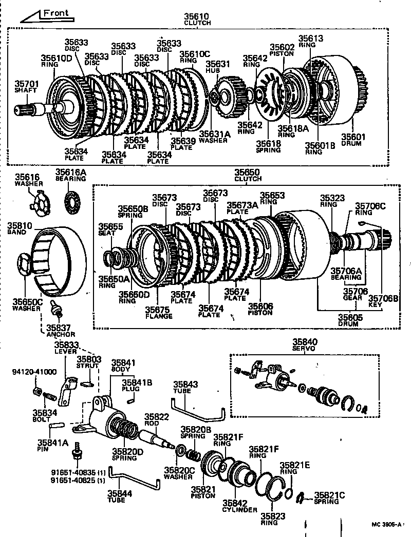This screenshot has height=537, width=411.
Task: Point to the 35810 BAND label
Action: point(20,228)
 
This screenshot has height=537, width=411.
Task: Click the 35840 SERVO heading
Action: point(305,344)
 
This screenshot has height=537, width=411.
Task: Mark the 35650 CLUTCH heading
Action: point(248,175)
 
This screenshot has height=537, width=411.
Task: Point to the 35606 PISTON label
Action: point(261,309)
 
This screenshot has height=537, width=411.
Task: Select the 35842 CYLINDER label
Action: point(240,507)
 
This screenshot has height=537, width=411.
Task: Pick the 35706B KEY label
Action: point(384,301)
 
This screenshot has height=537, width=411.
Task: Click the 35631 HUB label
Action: point(216,67)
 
